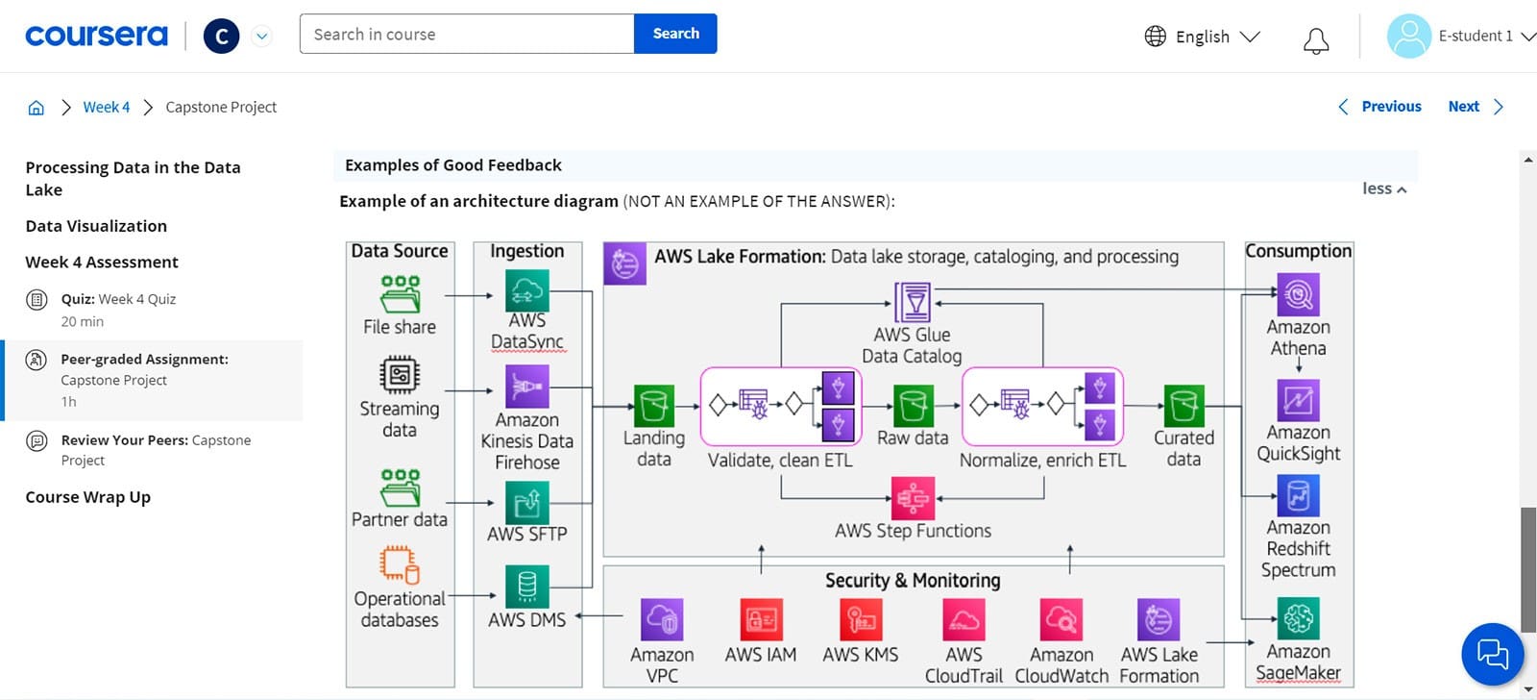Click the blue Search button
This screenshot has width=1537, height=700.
(x=675, y=34)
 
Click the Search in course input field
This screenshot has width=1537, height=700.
(x=467, y=34)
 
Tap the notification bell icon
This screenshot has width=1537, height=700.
(x=1316, y=40)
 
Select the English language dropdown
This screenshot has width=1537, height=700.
(x=1202, y=37)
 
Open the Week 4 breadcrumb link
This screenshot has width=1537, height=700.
(x=106, y=107)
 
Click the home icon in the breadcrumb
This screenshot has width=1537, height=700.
(x=36, y=108)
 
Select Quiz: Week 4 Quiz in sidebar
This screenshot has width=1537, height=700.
(x=118, y=299)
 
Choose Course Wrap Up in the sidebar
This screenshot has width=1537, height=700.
(x=87, y=497)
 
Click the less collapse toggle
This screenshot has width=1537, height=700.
(x=1383, y=188)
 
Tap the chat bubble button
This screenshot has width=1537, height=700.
(x=1492, y=654)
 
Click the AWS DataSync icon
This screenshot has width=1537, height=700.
(x=526, y=289)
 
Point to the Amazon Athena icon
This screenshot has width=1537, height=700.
(x=1298, y=294)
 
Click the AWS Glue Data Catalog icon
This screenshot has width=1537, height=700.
(x=912, y=302)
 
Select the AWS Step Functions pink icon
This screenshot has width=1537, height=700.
(x=912, y=498)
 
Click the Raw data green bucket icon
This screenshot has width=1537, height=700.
(x=913, y=406)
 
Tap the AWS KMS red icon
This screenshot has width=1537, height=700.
(x=860, y=620)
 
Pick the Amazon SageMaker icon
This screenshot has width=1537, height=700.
(x=1298, y=617)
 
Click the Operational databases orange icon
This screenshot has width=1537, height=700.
(x=399, y=564)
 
